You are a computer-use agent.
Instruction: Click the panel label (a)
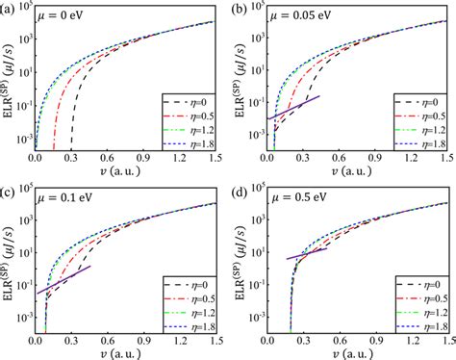pos(9,8)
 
